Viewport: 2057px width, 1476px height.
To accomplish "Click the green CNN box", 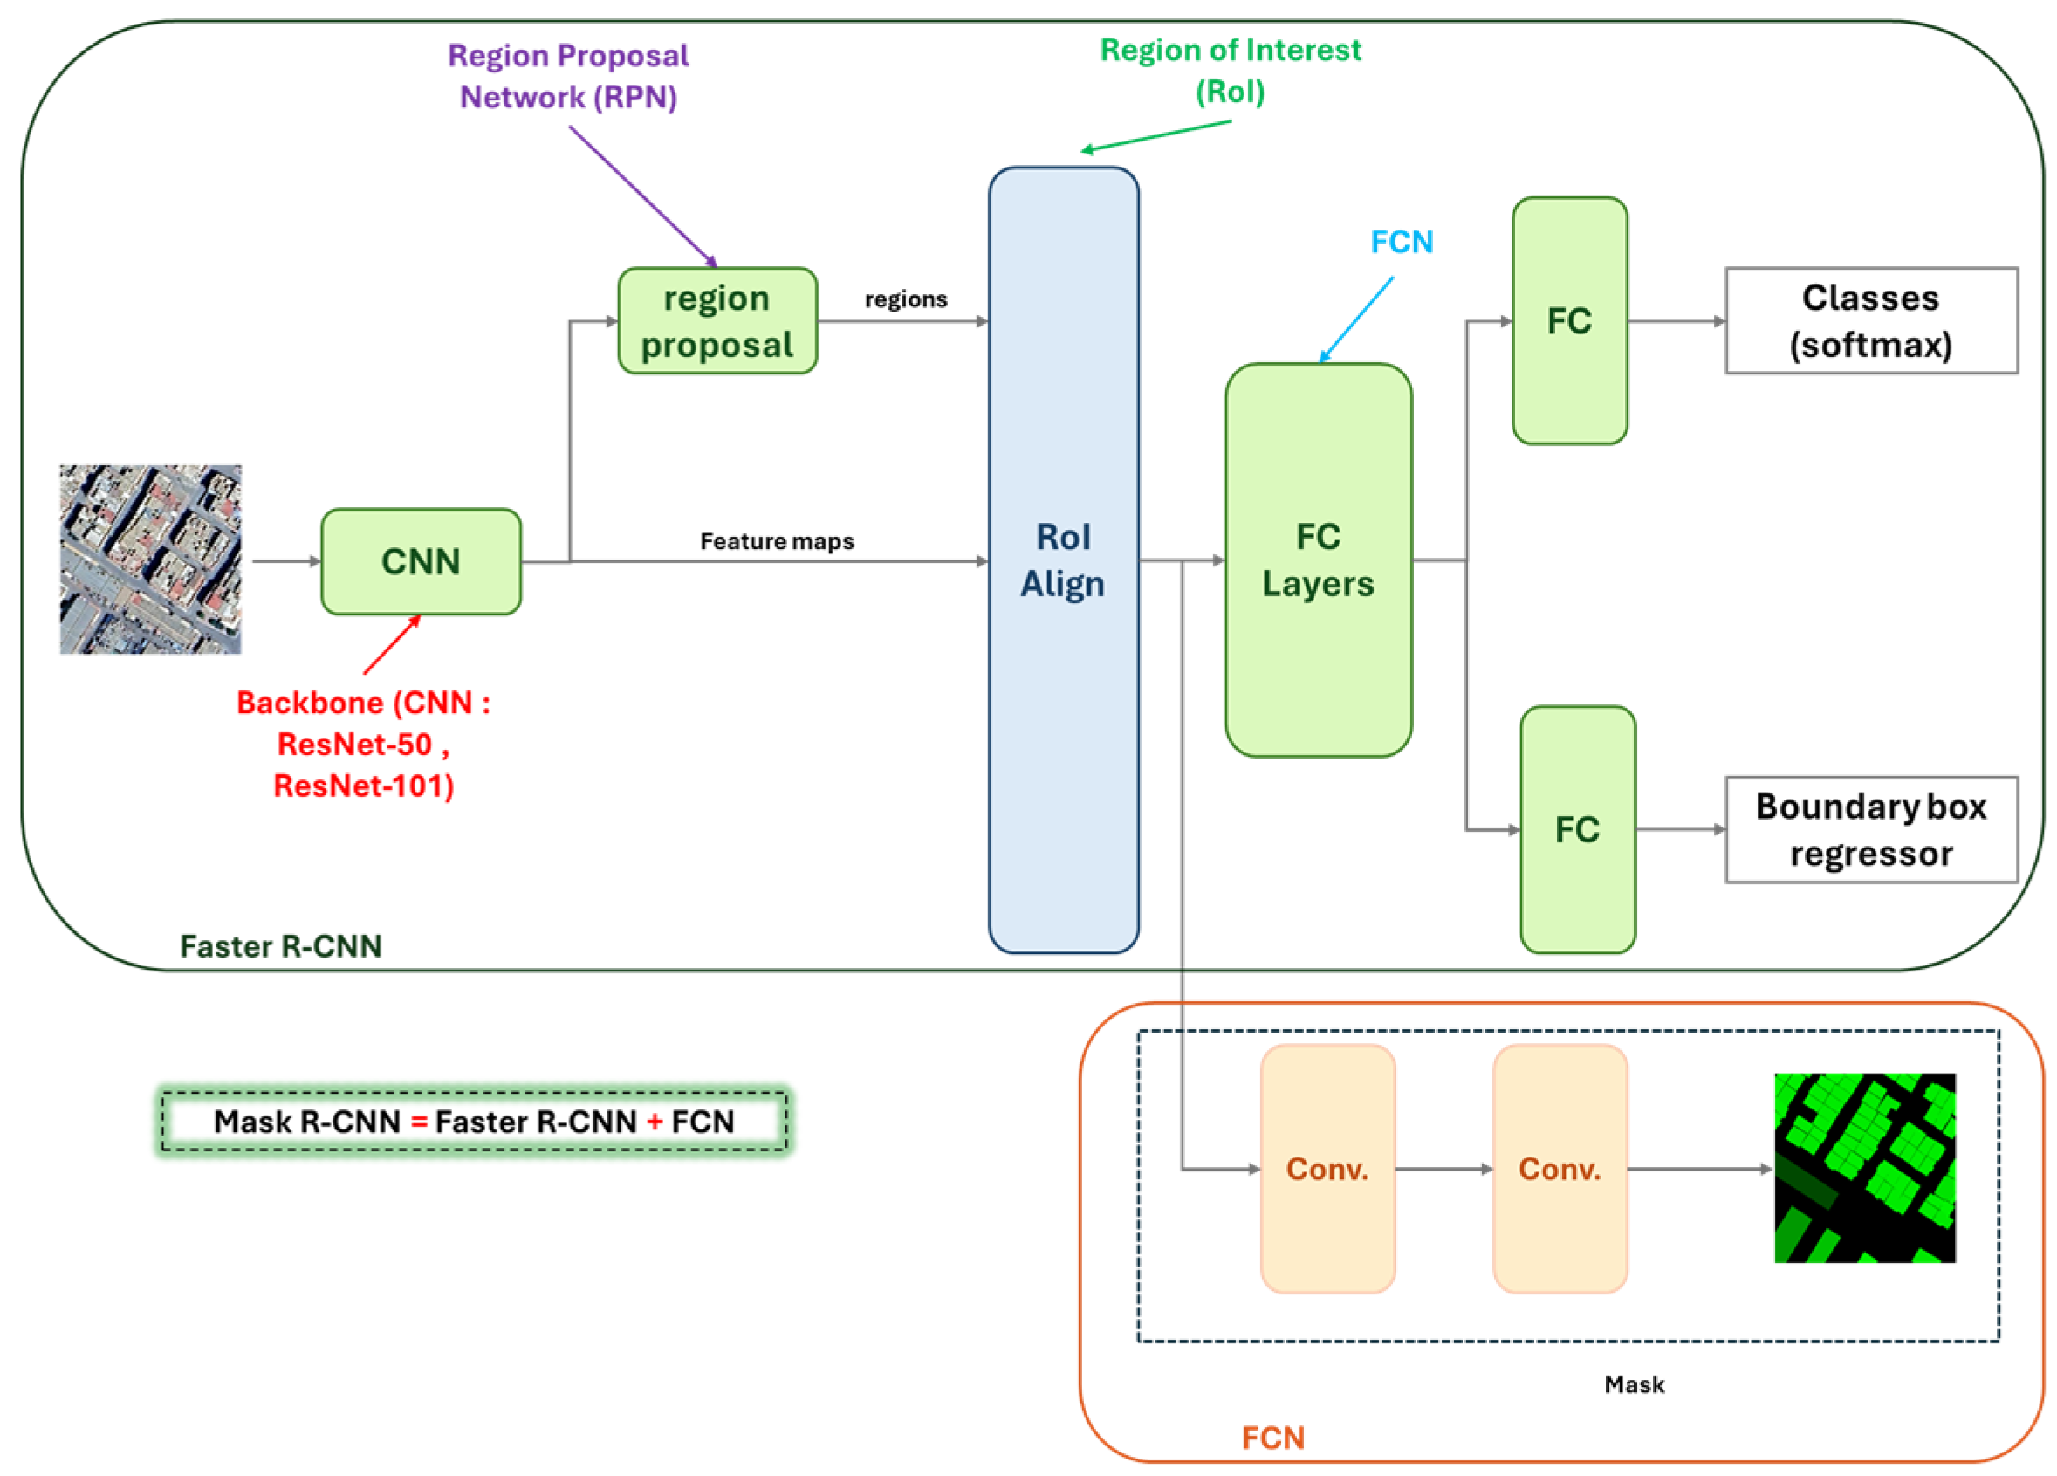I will coord(421,561).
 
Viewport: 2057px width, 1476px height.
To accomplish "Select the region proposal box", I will coord(717,321).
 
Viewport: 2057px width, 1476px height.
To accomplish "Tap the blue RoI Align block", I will coord(1063,560).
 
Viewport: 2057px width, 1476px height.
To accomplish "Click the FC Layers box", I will coord(1318,560).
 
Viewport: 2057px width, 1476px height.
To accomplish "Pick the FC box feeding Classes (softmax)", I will coord(1569,321).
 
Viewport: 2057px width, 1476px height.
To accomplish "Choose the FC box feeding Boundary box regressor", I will coord(1577,829).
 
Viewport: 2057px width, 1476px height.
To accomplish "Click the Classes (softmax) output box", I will coord(1870,321).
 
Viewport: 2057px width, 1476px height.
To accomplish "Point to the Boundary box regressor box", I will coord(1870,829).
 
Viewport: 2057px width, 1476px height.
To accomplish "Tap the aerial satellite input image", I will coord(151,560).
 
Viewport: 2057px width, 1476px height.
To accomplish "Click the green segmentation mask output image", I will coord(1864,1169).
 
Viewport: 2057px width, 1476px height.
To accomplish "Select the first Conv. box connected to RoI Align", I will coord(1327,1169).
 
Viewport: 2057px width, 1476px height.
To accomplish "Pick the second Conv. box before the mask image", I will coord(1559,1169).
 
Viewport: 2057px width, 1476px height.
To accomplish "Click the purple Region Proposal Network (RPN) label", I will coord(569,76).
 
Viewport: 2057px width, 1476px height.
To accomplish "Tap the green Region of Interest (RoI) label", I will coord(1230,71).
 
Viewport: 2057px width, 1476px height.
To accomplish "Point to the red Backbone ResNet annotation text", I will coord(363,744).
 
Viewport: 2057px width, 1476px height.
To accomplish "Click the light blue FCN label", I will coord(1402,243).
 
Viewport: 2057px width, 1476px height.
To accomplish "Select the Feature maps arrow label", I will coord(777,541).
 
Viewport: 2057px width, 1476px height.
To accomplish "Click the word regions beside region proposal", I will coord(905,299).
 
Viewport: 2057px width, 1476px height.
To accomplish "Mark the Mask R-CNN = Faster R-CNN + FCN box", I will coord(473,1122).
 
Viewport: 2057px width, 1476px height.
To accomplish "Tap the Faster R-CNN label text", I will coord(280,946).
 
